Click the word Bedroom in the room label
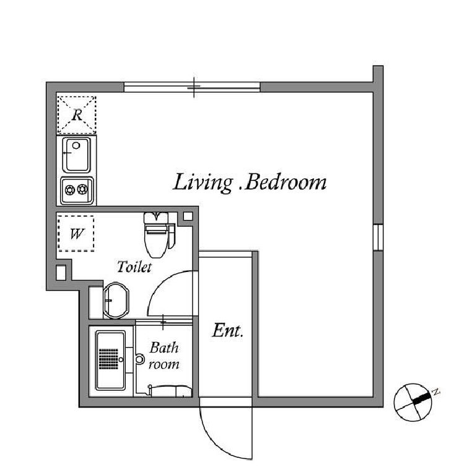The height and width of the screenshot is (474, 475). (285, 183)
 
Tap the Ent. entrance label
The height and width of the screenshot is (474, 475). (227, 331)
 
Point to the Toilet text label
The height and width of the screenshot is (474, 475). (134, 267)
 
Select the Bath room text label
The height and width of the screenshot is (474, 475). (164, 356)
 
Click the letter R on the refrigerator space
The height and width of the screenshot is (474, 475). (77, 115)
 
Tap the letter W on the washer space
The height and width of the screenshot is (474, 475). (77, 234)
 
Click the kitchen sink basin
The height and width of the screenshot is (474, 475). (77, 155)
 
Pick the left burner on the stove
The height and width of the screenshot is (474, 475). (70, 190)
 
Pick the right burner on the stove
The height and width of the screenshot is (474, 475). (82, 190)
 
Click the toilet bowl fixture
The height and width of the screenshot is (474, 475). (156, 235)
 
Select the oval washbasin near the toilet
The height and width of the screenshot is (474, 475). (116, 301)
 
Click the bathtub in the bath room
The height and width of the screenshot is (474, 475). (111, 360)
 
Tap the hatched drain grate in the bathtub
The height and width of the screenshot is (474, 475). (109, 359)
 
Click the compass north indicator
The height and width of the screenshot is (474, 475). (422, 398)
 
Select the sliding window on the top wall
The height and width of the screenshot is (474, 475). (192, 87)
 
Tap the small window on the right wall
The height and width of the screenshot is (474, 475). (378, 237)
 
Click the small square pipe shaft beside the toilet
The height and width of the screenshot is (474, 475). (188, 216)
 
